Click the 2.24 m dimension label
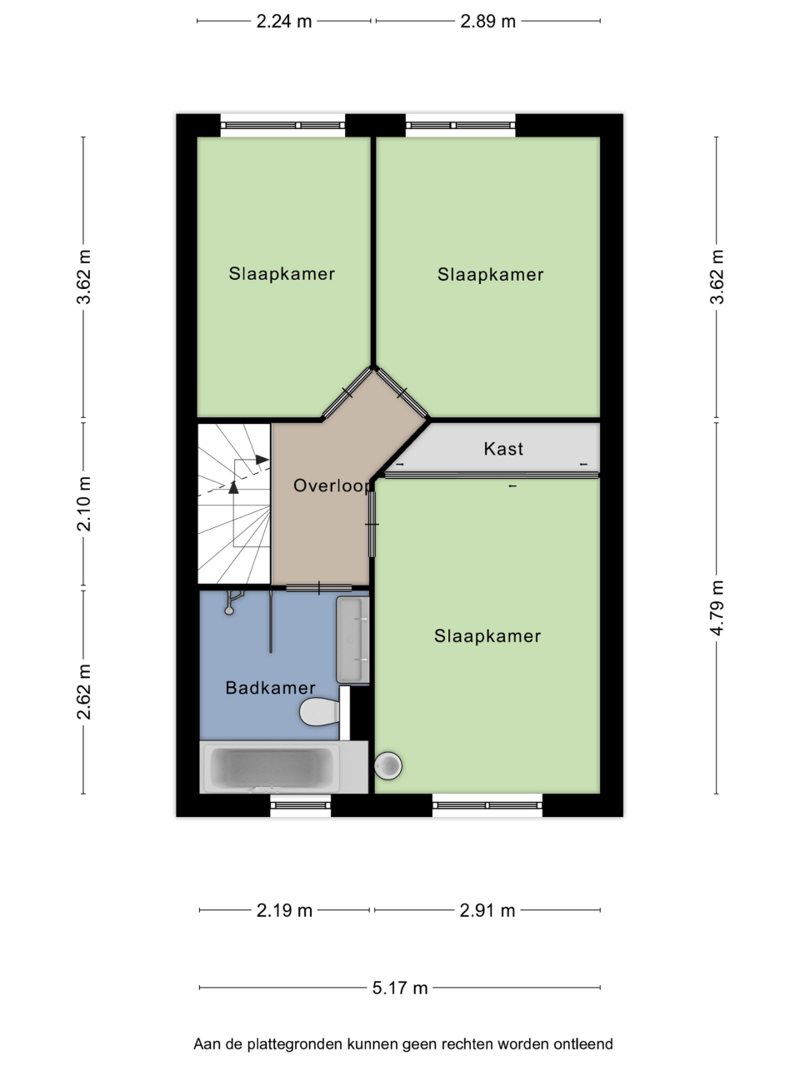pos(283,22)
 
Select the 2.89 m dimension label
pos(487,22)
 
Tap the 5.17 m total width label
pos(400,988)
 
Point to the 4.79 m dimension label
pos(717,608)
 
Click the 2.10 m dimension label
pos(84,504)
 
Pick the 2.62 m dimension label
pos(84,691)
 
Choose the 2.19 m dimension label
pos(284,910)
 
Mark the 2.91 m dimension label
pos(487,910)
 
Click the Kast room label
pos(503,449)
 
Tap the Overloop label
pos(332,486)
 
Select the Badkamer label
pos(271,688)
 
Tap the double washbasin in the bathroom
pos(352,640)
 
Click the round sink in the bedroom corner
pos(388,766)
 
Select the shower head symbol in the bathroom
pos(232,603)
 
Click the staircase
pos(234,504)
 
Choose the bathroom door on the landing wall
pos(318,588)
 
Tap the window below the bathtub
pos(300,805)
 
